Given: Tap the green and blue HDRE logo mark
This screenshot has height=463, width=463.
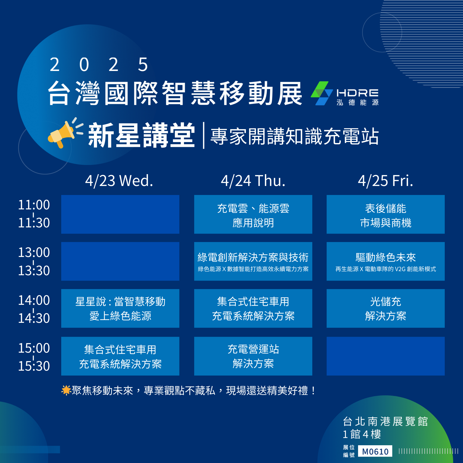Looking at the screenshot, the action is [322, 93].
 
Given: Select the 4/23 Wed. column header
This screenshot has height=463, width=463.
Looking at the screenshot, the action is [119, 181].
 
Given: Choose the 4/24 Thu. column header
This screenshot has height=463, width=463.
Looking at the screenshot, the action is [253, 181].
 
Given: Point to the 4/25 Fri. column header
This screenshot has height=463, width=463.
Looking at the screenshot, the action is [386, 181].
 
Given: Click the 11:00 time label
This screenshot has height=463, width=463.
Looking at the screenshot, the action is [34, 205].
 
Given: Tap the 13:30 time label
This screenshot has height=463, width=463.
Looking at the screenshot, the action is [34, 271].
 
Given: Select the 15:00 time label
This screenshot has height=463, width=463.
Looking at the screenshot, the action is [34, 348].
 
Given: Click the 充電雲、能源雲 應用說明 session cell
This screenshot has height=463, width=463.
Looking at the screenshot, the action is [253, 214].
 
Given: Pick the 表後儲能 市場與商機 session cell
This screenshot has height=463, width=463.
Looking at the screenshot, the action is [386, 214].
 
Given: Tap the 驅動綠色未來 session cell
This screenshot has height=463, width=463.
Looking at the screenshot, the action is [386, 261].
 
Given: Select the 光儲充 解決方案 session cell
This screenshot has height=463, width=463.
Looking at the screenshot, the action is [386, 308].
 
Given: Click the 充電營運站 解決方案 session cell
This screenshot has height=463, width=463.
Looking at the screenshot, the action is [253, 356].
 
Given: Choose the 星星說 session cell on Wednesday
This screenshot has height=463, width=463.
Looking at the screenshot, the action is [120, 308].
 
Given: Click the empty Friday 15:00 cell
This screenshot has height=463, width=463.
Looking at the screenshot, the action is [386, 356].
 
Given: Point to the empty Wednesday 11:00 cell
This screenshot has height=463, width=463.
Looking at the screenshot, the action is [120, 214].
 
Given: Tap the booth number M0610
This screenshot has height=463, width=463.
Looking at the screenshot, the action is [375, 451].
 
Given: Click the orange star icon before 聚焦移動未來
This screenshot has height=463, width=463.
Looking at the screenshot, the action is [66, 390].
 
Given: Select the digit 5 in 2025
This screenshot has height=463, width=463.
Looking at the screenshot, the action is [143, 65].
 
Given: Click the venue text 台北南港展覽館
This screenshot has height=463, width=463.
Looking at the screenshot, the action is [385, 422].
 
